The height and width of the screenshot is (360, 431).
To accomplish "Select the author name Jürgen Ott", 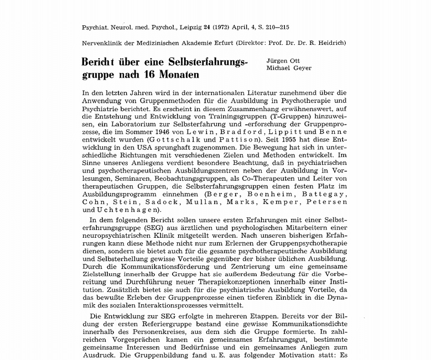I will pos(283,60).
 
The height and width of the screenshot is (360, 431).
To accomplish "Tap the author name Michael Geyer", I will pos(289,68).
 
